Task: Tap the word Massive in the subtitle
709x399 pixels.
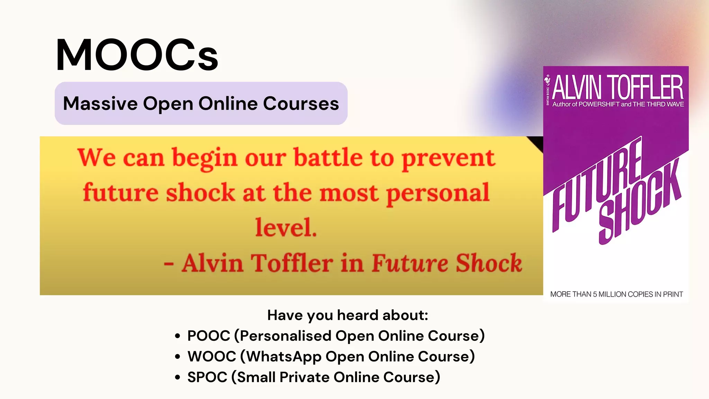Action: coord(100,104)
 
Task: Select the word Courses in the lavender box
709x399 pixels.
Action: coord(301,104)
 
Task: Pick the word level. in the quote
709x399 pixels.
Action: coord(286,228)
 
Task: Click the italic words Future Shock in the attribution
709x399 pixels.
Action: coord(447,263)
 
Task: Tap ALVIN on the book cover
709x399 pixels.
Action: coord(577,88)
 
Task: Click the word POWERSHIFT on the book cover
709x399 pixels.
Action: coord(599,104)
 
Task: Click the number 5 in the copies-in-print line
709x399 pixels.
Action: coord(595,294)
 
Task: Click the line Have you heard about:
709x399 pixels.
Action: coord(348,315)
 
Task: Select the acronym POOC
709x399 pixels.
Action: coord(208,336)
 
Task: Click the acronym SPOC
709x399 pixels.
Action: coord(207,377)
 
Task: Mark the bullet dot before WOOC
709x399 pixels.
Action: coord(178,356)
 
